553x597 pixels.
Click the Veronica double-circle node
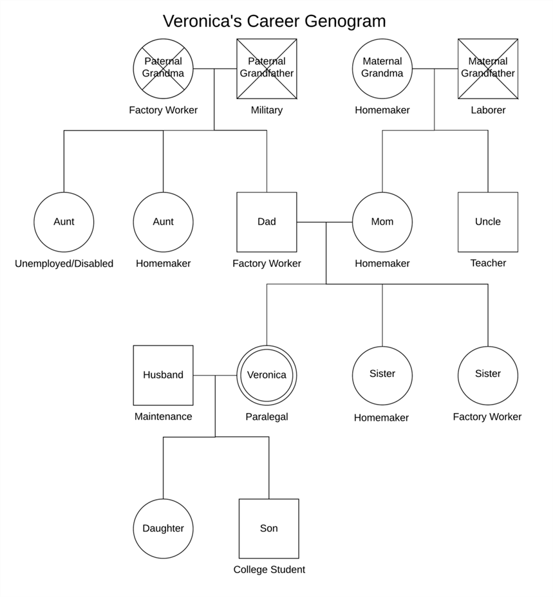pyautogui.click(x=267, y=375)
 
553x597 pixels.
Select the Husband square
pyautogui.click(x=163, y=376)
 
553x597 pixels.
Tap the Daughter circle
pyautogui.click(x=163, y=528)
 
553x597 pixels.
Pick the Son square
pyautogui.click(x=268, y=528)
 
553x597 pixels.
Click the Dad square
pyautogui.click(x=267, y=222)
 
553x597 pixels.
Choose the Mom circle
pyautogui.click(x=382, y=222)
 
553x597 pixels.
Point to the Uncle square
pyautogui.click(x=488, y=222)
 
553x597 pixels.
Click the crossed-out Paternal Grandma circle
pyautogui.click(x=163, y=69)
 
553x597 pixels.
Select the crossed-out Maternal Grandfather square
pyautogui.click(x=488, y=69)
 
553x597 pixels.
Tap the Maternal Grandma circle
pyautogui.click(x=382, y=69)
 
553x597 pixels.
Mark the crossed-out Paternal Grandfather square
pyautogui.click(x=267, y=69)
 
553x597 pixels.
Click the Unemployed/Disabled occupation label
pyautogui.click(x=64, y=264)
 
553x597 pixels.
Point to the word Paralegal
pyautogui.click(x=267, y=417)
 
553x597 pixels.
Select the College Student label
pyautogui.click(x=269, y=569)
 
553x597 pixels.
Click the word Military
pyautogui.click(x=267, y=110)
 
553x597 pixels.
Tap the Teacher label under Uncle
pyautogui.click(x=488, y=263)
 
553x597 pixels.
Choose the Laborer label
pyautogui.click(x=488, y=110)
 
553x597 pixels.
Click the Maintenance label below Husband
pyautogui.click(x=163, y=416)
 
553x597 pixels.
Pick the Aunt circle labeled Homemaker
pyautogui.click(x=163, y=222)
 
